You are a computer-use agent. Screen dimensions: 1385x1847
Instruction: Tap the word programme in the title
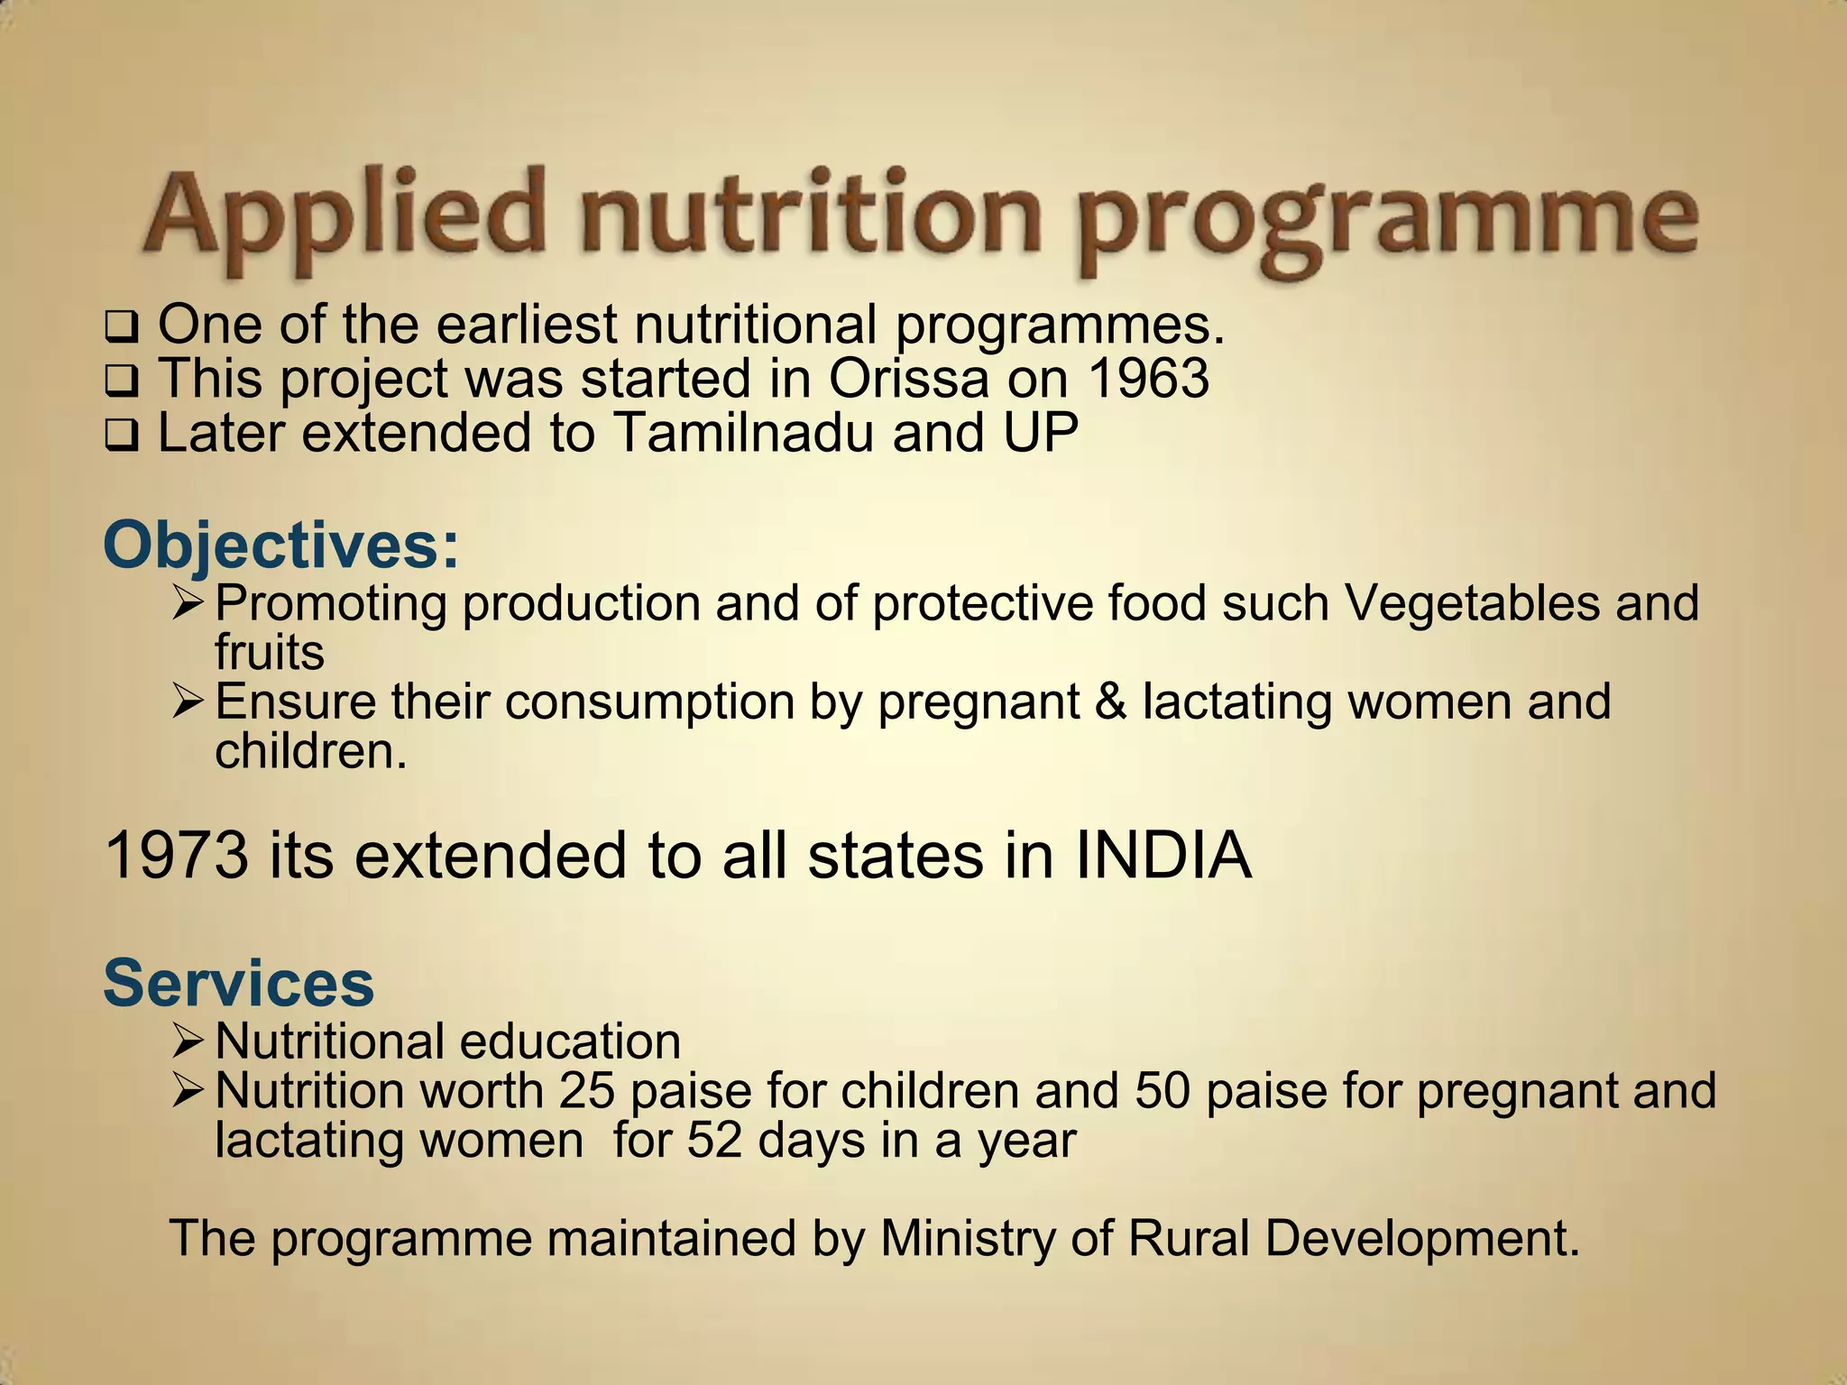click(x=1389, y=221)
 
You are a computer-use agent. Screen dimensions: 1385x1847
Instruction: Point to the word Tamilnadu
click(x=744, y=433)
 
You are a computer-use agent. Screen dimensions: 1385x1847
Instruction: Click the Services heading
click(x=239, y=983)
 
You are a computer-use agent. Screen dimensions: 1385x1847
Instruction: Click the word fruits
click(x=270, y=652)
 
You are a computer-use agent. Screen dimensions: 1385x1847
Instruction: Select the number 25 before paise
click(x=586, y=1091)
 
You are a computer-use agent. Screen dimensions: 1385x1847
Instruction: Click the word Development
click(x=1422, y=1238)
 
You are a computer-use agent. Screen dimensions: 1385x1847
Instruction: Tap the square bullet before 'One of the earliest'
click(x=121, y=326)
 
